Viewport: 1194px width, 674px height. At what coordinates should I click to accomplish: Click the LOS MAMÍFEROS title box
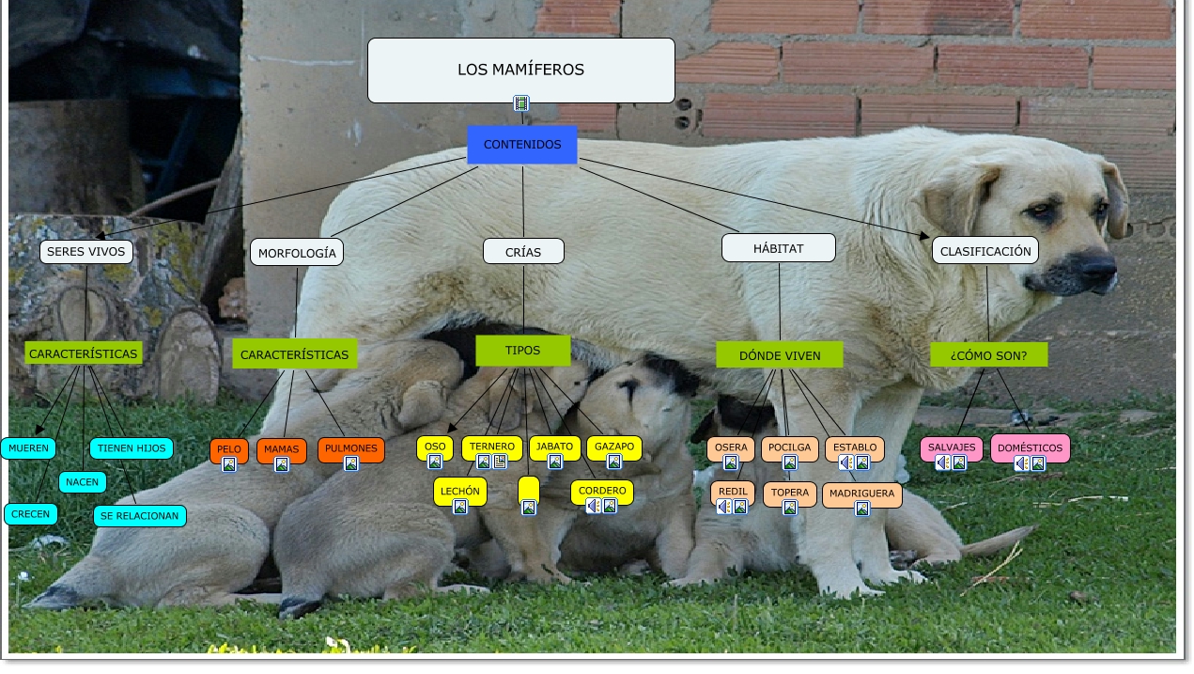tap(520, 70)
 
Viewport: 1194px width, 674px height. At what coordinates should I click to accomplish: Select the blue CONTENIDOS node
tap(522, 145)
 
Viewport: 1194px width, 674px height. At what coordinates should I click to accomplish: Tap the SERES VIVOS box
tap(85, 252)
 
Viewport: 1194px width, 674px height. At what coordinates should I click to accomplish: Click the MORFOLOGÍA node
tap(297, 253)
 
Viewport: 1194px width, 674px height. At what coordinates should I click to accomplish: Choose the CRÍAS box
tap(523, 252)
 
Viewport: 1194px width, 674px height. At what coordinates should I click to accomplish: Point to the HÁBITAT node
tap(779, 248)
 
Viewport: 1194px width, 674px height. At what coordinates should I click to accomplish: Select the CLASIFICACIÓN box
tap(985, 250)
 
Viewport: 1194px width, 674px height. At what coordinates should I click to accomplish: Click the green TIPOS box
tap(522, 351)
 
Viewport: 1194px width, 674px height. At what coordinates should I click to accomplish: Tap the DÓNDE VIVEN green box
tap(780, 355)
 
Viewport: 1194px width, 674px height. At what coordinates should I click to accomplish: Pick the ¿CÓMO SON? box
tap(988, 355)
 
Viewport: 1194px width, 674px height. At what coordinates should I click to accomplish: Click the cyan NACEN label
tap(83, 482)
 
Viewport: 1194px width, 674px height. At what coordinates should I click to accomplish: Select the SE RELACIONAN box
tap(139, 516)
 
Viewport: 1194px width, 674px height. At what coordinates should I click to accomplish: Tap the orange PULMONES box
tap(351, 448)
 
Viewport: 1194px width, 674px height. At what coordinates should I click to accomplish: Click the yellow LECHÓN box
tap(460, 491)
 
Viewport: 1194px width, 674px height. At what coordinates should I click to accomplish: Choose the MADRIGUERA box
tap(861, 492)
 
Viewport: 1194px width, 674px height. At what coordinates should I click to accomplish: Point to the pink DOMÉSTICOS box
tap(1030, 447)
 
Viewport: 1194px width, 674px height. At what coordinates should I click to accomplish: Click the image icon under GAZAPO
tap(614, 462)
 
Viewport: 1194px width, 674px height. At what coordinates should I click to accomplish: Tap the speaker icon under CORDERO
tap(594, 506)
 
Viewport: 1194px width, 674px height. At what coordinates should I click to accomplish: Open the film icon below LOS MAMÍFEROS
tap(521, 103)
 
